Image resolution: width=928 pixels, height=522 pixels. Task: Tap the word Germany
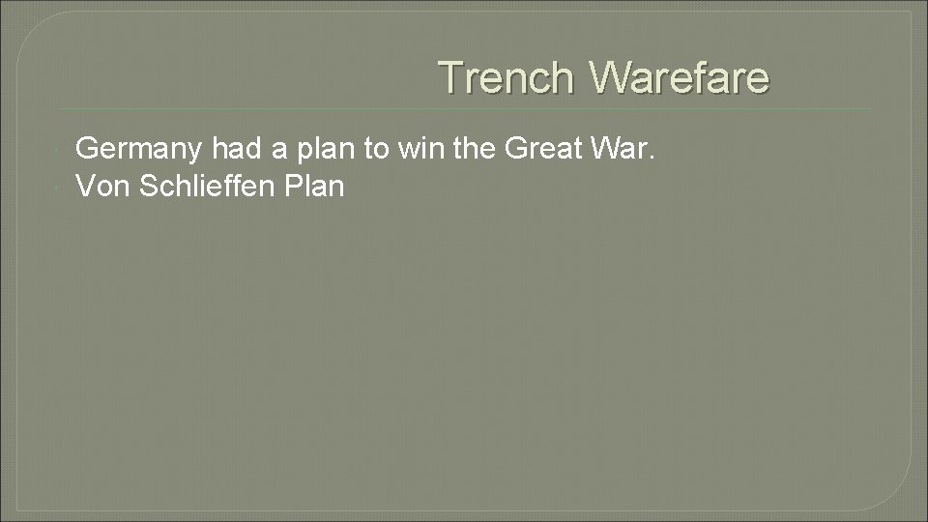[139, 148]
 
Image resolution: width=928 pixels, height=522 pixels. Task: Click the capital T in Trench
[449, 77]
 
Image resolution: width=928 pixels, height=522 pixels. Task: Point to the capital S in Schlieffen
[148, 186]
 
